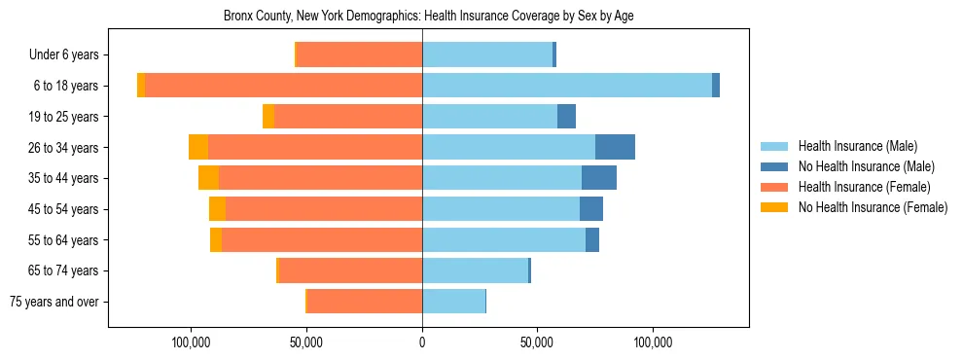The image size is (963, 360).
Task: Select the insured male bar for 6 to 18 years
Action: click(566, 86)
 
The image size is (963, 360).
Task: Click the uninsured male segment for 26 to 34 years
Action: click(615, 147)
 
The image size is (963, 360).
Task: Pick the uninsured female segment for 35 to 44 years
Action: click(208, 178)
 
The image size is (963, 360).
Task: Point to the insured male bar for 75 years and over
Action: click(453, 302)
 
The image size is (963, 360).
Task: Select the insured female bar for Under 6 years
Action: click(359, 54)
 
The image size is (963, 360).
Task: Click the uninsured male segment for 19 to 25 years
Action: click(566, 117)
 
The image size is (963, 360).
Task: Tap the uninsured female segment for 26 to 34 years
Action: click(198, 147)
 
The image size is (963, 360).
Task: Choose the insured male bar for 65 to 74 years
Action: click(475, 270)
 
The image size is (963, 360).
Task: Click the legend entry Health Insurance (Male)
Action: click(857, 147)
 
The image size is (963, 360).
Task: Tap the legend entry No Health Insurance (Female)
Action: click(873, 207)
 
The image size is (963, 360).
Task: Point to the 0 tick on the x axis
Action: click(422, 343)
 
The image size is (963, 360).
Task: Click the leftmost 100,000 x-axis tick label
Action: click(192, 343)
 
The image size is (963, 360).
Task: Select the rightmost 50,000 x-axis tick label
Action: click(537, 343)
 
